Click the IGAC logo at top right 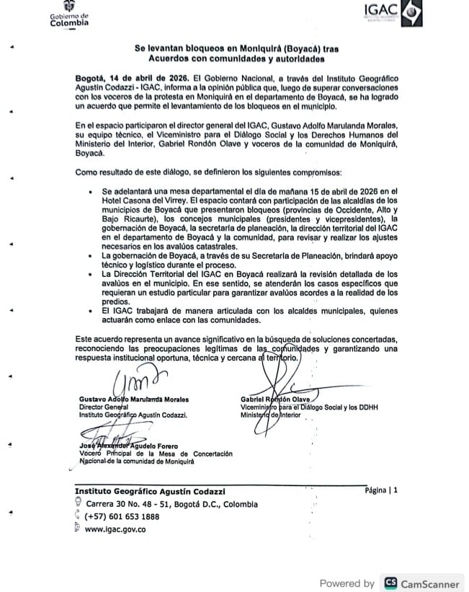(x=391, y=14)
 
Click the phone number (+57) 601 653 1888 (x=122, y=516)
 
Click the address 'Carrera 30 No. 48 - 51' (x=126, y=504)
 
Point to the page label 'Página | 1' (x=381, y=490)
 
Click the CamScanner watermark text (x=431, y=583)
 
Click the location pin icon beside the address (x=77, y=504)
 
